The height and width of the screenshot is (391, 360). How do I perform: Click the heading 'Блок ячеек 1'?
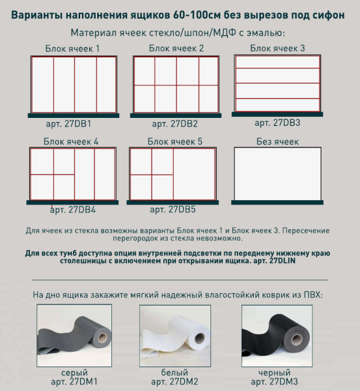[x=72, y=49]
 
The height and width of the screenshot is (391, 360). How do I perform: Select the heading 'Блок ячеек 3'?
[x=277, y=48]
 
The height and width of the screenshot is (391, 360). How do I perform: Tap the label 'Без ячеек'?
[x=277, y=141]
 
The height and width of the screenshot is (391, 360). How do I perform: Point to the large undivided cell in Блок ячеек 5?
[x=194, y=174]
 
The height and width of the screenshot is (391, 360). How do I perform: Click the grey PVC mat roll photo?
[x=74, y=336]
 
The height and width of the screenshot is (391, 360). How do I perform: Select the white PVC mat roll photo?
[x=175, y=336]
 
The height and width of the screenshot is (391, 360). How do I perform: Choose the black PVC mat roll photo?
[x=277, y=336]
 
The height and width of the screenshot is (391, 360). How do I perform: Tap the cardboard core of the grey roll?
[x=102, y=338]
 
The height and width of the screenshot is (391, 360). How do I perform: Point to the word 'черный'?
[x=274, y=373]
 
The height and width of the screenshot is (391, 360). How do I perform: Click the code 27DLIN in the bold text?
[x=283, y=261]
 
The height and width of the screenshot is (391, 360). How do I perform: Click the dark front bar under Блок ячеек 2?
[x=176, y=115]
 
